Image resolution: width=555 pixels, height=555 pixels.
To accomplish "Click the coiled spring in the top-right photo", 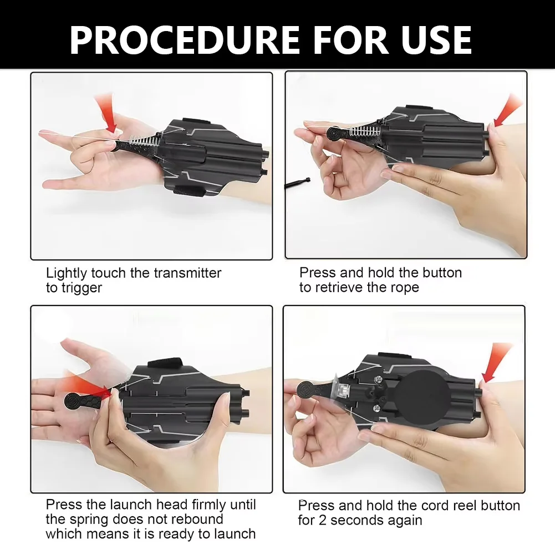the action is click(364, 131).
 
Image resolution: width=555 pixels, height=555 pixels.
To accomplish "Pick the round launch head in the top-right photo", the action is click(334, 134).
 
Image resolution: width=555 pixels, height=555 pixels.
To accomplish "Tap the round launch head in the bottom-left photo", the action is click(73, 402).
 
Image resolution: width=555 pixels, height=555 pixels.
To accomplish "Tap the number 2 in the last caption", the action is click(323, 520).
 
